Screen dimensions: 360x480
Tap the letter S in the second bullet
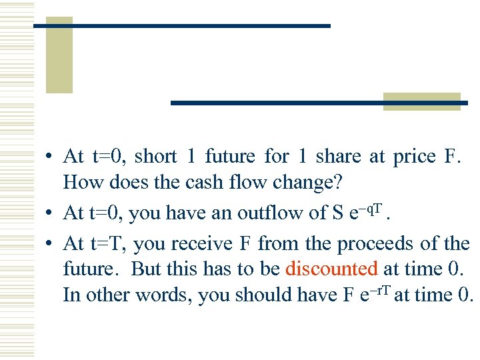click(338, 213)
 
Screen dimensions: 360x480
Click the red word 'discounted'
click(331, 269)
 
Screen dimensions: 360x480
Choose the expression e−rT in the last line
click(374, 293)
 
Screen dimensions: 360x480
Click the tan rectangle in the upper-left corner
click(59, 55)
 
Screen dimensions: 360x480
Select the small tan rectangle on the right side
click(421, 101)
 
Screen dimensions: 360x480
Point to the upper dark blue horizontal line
click(181, 25)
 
